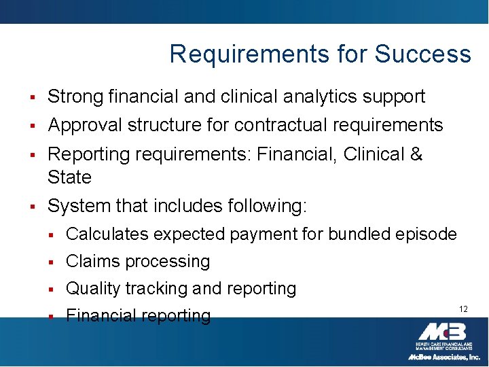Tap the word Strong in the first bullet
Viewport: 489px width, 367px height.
point(75,97)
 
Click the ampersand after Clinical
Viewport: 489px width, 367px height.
point(416,154)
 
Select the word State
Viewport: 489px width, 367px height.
point(69,177)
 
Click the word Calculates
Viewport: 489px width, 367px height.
point(107,234)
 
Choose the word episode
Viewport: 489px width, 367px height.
point(426,234)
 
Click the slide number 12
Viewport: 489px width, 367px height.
point(463,309)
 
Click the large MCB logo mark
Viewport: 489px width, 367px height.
point(441,332)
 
